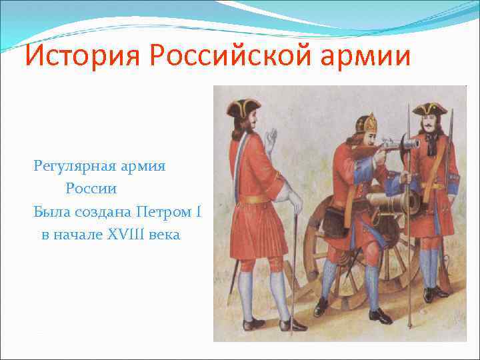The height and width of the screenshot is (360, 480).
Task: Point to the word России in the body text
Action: tap(91, 189)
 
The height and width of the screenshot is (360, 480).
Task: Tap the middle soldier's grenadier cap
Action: tap(365, 123)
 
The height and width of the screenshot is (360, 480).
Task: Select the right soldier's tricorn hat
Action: tap(429, 109)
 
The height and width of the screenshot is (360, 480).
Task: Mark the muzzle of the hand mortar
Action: tap(411, 143)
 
